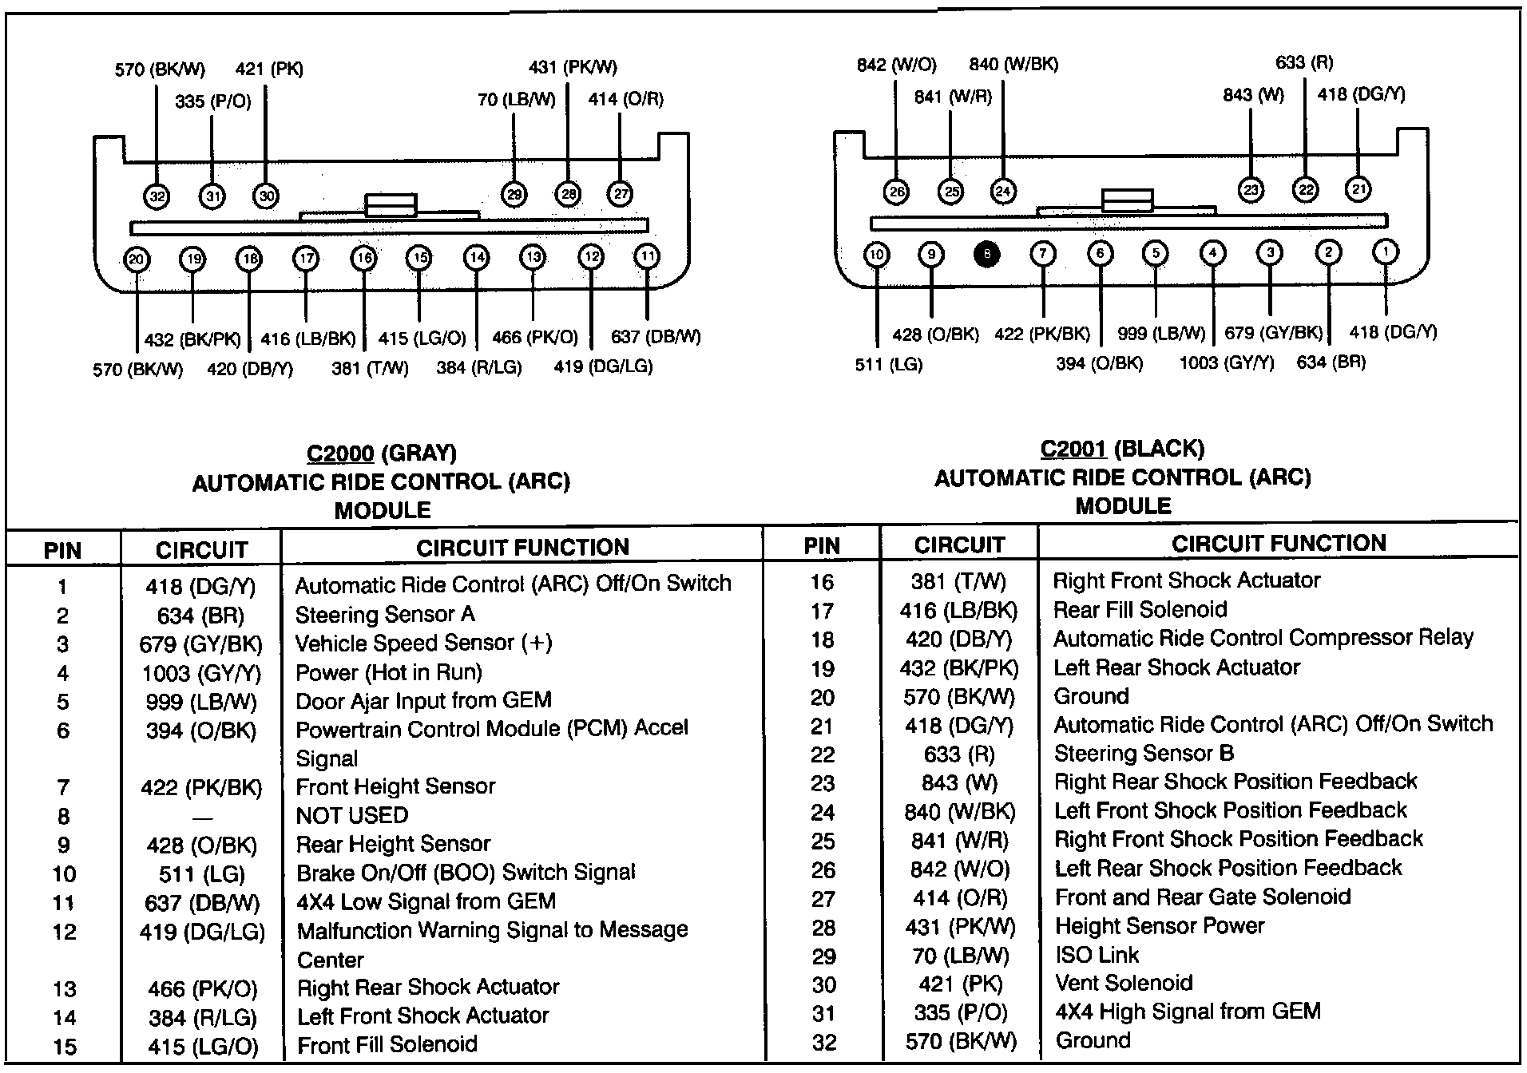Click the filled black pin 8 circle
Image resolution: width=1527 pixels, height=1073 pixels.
coord(986,255)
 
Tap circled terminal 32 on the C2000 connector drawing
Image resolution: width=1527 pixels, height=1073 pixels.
coord(157,196)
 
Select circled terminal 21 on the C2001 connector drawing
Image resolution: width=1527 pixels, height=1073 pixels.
coord(1358,189)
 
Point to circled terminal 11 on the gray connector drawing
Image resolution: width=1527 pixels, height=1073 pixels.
coord(646,256)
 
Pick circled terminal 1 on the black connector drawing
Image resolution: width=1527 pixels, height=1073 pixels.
coord(1385,252)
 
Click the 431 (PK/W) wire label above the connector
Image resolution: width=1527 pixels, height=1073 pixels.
coord(573,68)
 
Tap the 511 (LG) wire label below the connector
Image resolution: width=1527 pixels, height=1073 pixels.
coord(888,365)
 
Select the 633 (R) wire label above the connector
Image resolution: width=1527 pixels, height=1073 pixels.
coord(1304,62)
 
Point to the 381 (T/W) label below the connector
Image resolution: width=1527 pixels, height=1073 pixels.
coord(370,368)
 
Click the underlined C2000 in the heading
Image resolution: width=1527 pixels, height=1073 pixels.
coord(340,453)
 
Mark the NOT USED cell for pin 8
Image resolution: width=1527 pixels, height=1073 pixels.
coord(352,815)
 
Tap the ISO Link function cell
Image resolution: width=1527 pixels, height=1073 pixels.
coord(1097,955)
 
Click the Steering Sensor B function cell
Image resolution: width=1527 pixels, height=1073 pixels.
coord(1144,754)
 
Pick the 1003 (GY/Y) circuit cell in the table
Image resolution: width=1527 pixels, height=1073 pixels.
coord(201,673)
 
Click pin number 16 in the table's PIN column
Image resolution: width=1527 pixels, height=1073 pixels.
coord(822,582)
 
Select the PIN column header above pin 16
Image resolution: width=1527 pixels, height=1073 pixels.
coord(822,545)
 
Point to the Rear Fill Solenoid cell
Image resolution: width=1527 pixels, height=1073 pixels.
coord(1140,610)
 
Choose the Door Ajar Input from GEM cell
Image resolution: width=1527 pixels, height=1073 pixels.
coord(423,701)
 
